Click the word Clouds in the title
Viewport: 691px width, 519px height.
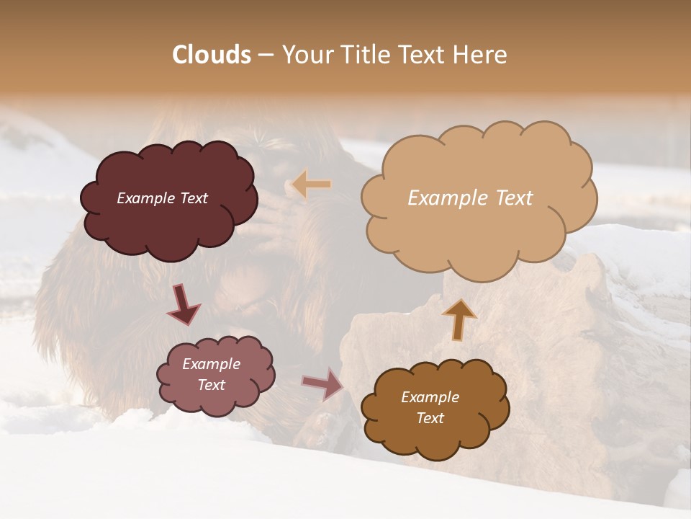tap(212, 55)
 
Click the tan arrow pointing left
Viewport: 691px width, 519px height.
tap(312, 185)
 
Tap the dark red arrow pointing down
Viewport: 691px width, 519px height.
tap(184, 304)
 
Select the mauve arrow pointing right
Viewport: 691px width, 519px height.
tap(323, 384)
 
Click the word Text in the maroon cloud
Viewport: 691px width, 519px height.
tap(193, 198)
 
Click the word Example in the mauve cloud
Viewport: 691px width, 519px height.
tap(211, 364)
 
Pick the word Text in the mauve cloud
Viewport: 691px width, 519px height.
tap(211, 385)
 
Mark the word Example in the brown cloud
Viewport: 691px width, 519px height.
tap(430, 397)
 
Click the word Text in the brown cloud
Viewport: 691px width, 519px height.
tap(430, 418)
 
